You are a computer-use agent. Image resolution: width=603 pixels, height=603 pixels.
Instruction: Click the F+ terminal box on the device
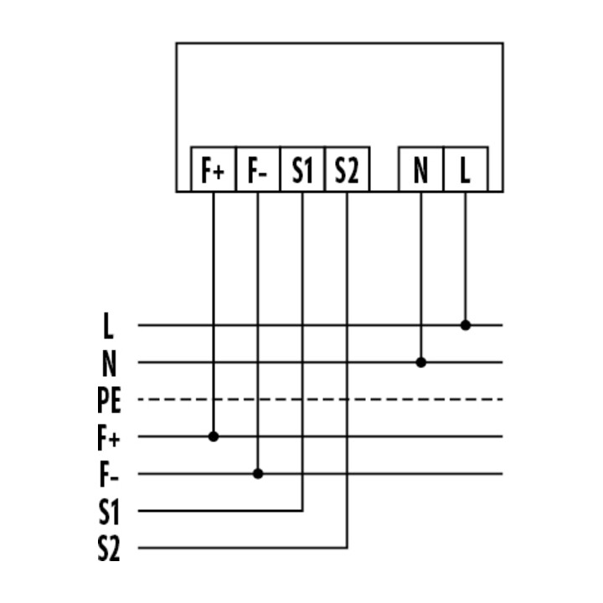[214, 169]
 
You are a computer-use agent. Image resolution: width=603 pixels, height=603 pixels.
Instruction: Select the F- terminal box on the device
[258, 169]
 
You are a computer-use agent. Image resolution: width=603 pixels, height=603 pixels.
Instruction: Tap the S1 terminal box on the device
[302, 169]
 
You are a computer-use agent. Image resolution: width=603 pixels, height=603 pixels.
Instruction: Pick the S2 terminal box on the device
[348, 169]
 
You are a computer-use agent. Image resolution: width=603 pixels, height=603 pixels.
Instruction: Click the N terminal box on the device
[421, 169]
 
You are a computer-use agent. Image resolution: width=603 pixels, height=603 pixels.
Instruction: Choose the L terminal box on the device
[466, 169]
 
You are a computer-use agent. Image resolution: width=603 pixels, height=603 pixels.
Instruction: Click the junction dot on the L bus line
[466, 325]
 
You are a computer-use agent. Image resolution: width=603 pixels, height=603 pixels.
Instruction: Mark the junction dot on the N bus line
[421, 363]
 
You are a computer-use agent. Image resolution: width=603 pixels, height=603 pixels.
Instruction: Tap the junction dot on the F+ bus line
[214, 436]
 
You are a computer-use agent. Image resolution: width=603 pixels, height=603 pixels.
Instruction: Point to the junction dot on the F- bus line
[258, 474]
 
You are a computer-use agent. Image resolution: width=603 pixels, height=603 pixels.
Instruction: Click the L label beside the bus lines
[108, 326]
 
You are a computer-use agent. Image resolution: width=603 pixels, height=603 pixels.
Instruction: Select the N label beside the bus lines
[109, 363]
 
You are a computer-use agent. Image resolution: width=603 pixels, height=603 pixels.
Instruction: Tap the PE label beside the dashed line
[109, 400]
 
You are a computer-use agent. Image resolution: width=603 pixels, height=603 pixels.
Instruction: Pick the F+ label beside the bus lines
[109, 438]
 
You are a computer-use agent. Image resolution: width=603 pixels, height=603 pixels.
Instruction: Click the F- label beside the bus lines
[109, 475]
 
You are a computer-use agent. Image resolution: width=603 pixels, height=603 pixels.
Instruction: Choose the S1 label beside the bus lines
[109, 512]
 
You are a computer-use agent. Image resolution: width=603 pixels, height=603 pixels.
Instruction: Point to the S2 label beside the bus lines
[109, 549]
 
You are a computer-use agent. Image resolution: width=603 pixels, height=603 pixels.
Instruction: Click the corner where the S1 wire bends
[302, 511]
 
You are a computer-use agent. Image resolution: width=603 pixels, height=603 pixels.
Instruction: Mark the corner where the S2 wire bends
[348, 548]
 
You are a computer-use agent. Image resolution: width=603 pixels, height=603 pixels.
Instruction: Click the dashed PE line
[320, 399]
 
